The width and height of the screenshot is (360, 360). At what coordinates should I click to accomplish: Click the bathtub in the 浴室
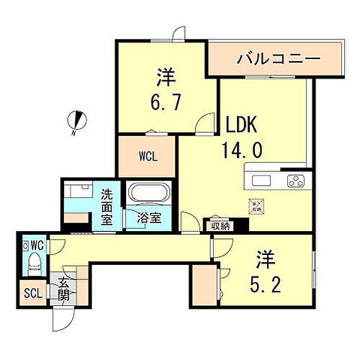point(148,195)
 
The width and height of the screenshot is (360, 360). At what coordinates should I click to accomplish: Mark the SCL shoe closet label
point(32,293)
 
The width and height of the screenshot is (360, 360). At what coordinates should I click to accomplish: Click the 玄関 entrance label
point(63,288)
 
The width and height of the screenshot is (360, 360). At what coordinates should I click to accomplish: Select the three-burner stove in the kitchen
point(296,180)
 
